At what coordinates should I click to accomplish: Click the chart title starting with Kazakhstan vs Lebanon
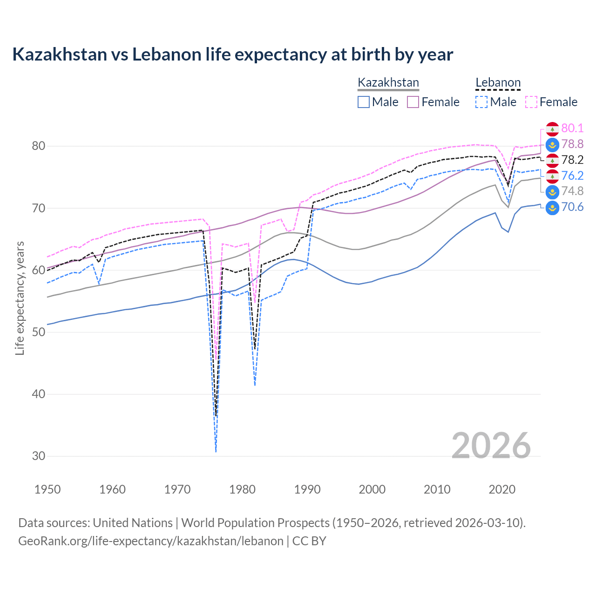point(232,54)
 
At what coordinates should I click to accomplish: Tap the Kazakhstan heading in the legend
point(388,83)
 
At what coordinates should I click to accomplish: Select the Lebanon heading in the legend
point(498,83)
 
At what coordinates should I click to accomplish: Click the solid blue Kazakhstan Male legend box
point(364,102)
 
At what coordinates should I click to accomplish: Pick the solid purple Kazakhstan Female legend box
point(413,102)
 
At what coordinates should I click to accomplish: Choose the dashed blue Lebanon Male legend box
point(481,102)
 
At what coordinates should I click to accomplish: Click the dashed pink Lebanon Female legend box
point(531,102)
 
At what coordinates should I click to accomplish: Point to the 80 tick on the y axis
point(38,146)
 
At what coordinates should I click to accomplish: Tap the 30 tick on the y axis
point(38,456)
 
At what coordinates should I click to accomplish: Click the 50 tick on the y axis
point(38,332)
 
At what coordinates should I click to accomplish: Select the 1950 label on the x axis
point(47,489)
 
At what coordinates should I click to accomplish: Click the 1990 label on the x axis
point(307,489)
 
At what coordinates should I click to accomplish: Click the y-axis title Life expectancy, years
point(20,298)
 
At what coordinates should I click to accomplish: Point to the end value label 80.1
point(572,129)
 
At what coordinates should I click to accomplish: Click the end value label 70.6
point(572,207)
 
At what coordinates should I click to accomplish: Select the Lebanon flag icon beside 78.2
point(552,160)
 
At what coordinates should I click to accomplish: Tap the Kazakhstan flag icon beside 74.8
point(552,191)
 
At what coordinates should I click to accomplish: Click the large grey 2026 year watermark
point(491,446)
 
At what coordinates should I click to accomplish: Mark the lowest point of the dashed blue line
point(216,452)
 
